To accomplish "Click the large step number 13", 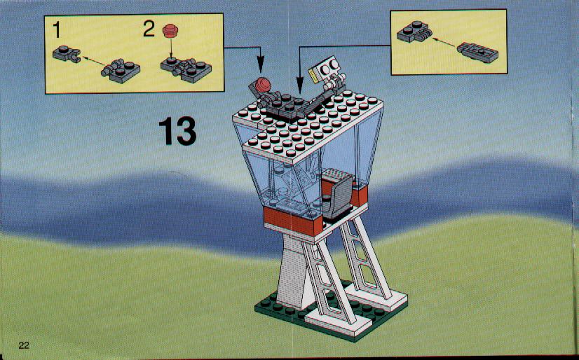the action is click(177, 130).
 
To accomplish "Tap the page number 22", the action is click(24, 345).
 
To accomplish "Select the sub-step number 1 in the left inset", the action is click(56, 29).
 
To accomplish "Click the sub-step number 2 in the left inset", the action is click(149, 29).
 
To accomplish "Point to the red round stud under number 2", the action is click(170, 31).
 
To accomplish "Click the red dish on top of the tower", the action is click(263, 85).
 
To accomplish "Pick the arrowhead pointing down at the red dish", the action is click(261, 66).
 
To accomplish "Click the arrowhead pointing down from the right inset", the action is click(300, 86).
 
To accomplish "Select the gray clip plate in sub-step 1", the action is click(67, 54).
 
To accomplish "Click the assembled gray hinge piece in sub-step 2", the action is click(186, 69).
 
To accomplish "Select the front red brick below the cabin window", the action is click(293, 222).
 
